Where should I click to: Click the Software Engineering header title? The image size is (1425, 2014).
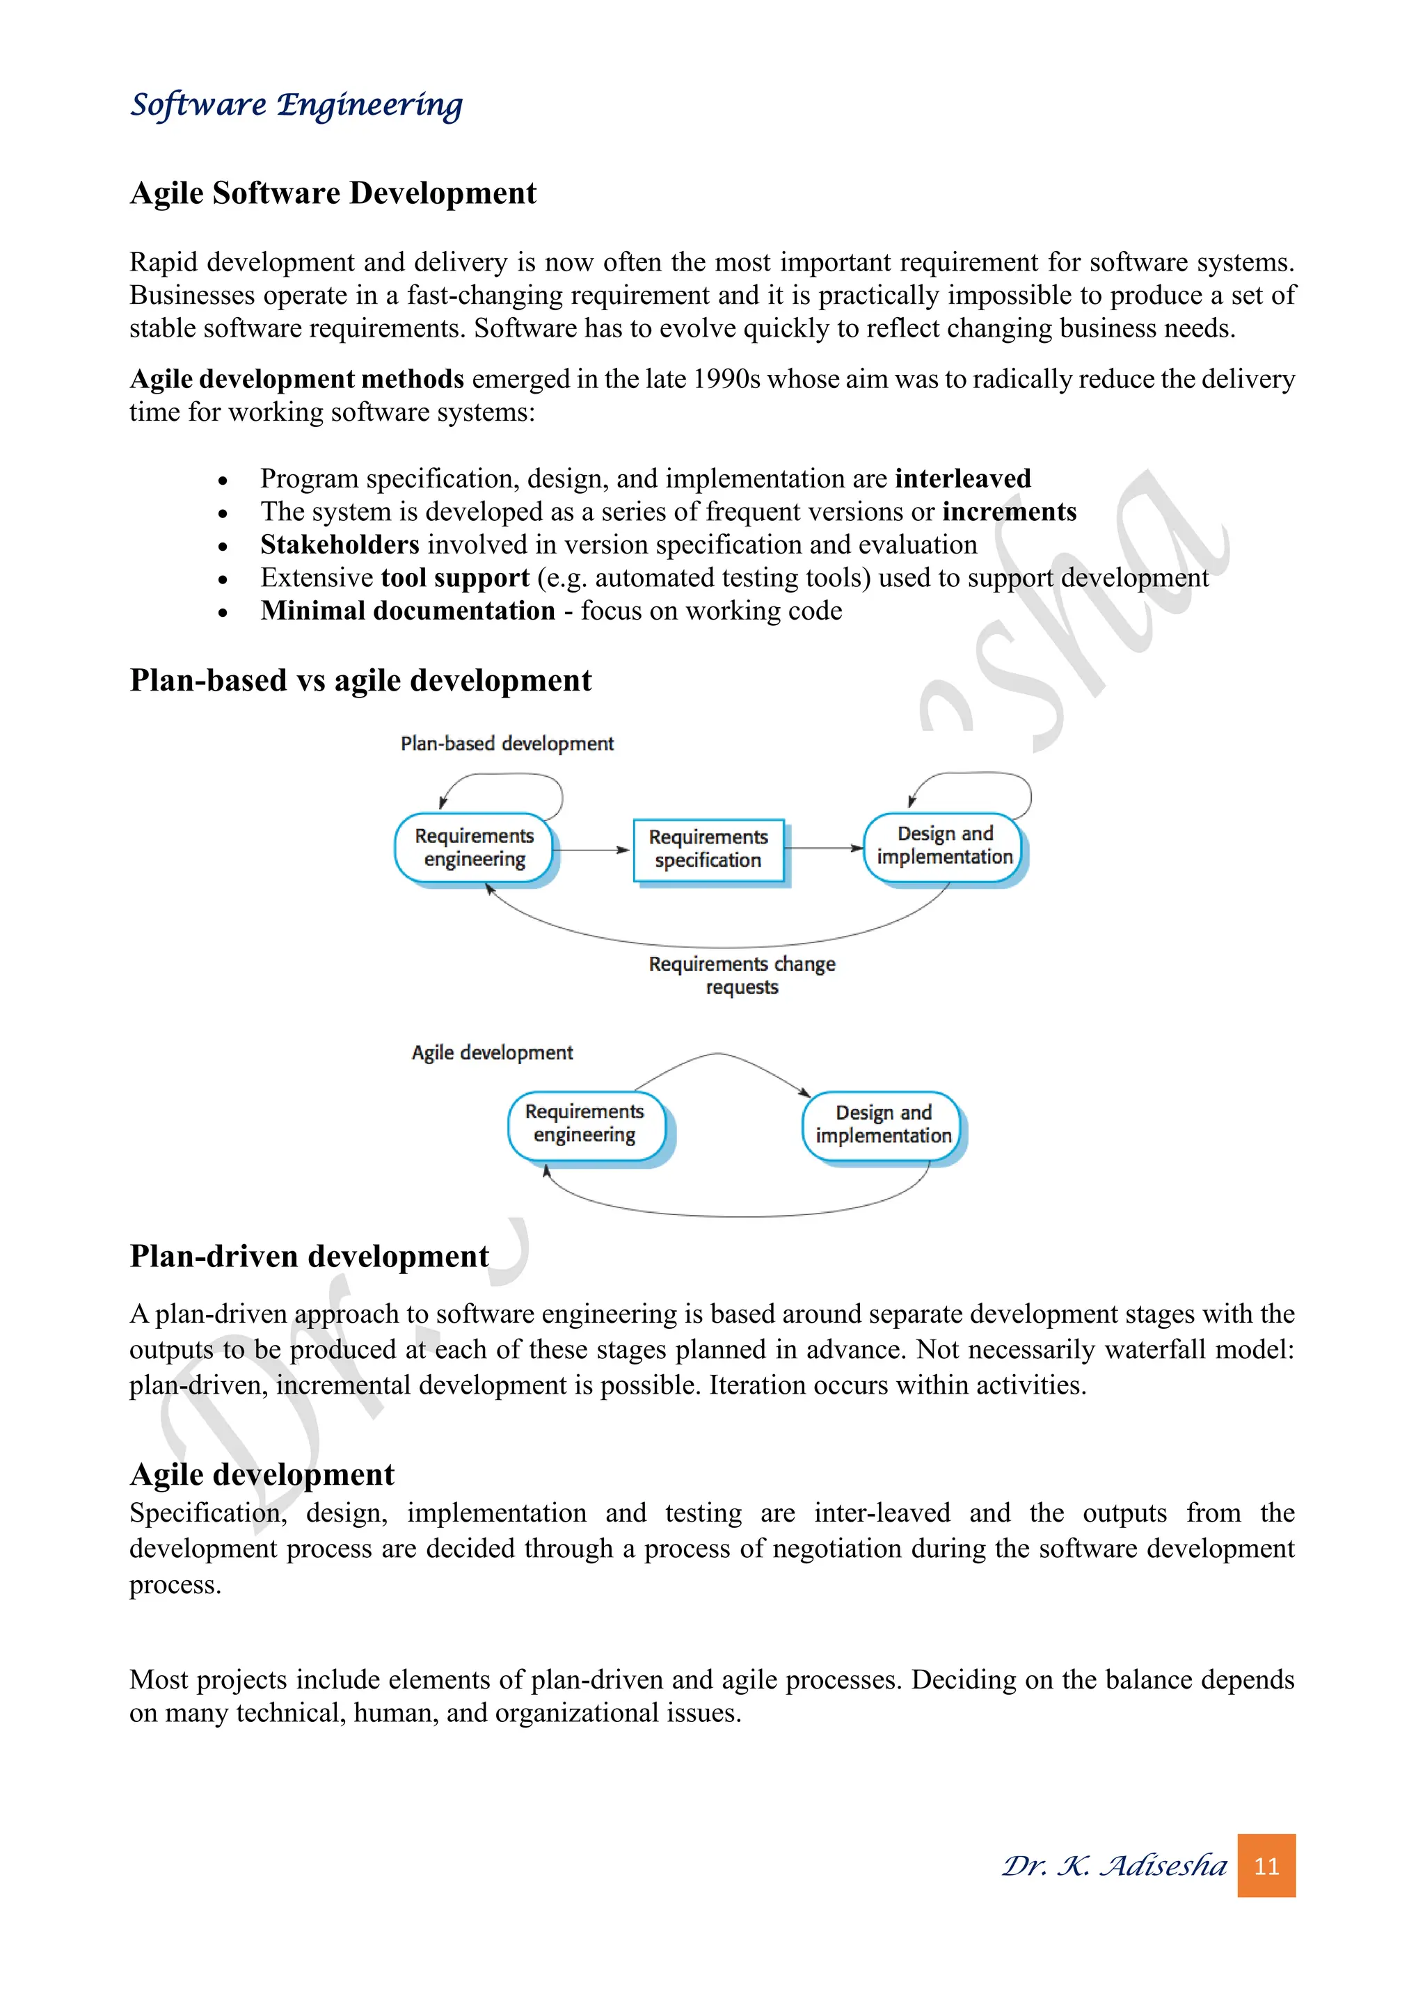coord(296,104)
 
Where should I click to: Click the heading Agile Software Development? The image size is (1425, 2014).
coord(333,193)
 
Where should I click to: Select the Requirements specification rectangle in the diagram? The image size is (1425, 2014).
coord(708,849)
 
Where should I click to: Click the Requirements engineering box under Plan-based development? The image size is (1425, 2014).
coord(474,847)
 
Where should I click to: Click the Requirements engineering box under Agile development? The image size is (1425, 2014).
coord(585,1124)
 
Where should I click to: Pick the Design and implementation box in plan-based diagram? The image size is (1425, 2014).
coord(944,846)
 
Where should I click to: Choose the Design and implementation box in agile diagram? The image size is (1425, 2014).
coord(883,1125)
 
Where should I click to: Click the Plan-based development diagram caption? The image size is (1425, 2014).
coord(507,744)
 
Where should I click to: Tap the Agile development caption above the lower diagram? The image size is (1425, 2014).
coord(492,1053)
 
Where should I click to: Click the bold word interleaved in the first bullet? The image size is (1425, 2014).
coord(962,479)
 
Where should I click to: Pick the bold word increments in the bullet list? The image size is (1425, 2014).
coord(1009,513)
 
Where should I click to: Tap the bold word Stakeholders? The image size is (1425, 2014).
coord(340,545)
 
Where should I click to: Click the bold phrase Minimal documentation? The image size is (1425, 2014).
coord(408,611)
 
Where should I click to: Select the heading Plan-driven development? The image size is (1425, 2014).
coord(309,1256)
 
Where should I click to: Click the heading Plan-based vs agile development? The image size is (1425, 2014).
coord(360,681)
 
